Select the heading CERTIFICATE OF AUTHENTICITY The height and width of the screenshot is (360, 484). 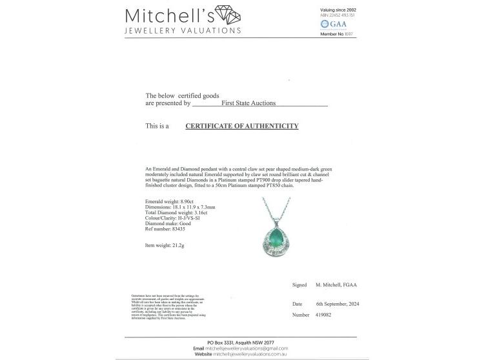point(242,126)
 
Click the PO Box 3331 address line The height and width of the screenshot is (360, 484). point(242,341)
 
